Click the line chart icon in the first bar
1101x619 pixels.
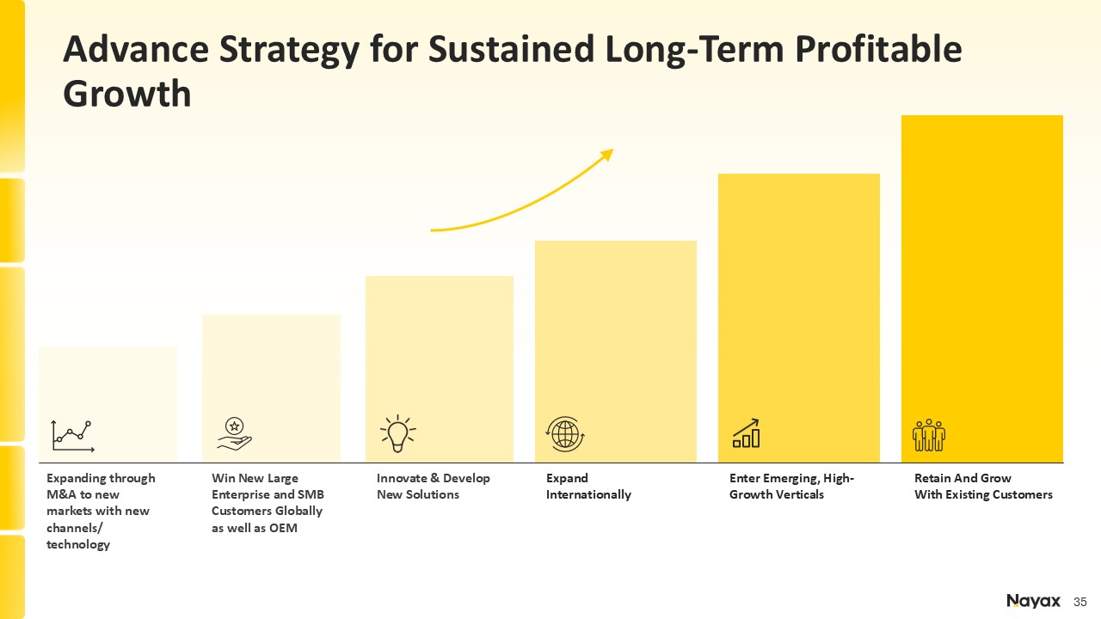(x=72, y=436)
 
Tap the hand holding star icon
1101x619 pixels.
(x=234, y=433)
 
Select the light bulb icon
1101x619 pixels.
(x=397, y=433)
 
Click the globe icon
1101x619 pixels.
(x=565, y=433)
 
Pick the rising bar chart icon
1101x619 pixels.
(x=746, y=434)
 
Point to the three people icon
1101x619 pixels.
(x=929, y=435)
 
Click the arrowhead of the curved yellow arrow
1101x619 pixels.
(x=607, y=154)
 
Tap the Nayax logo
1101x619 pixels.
(x=1033, y=601)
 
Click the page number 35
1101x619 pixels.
(x=1080, y=602)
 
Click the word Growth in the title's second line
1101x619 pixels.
(x=127, y=93)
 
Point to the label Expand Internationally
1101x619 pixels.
(x=588, y=487)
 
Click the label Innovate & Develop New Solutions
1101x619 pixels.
(x=434, y=487)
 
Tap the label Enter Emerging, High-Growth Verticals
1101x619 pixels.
(x=791, y=487)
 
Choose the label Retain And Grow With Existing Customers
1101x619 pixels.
(x=983, y=487)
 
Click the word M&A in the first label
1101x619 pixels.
(x=62, y=494)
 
